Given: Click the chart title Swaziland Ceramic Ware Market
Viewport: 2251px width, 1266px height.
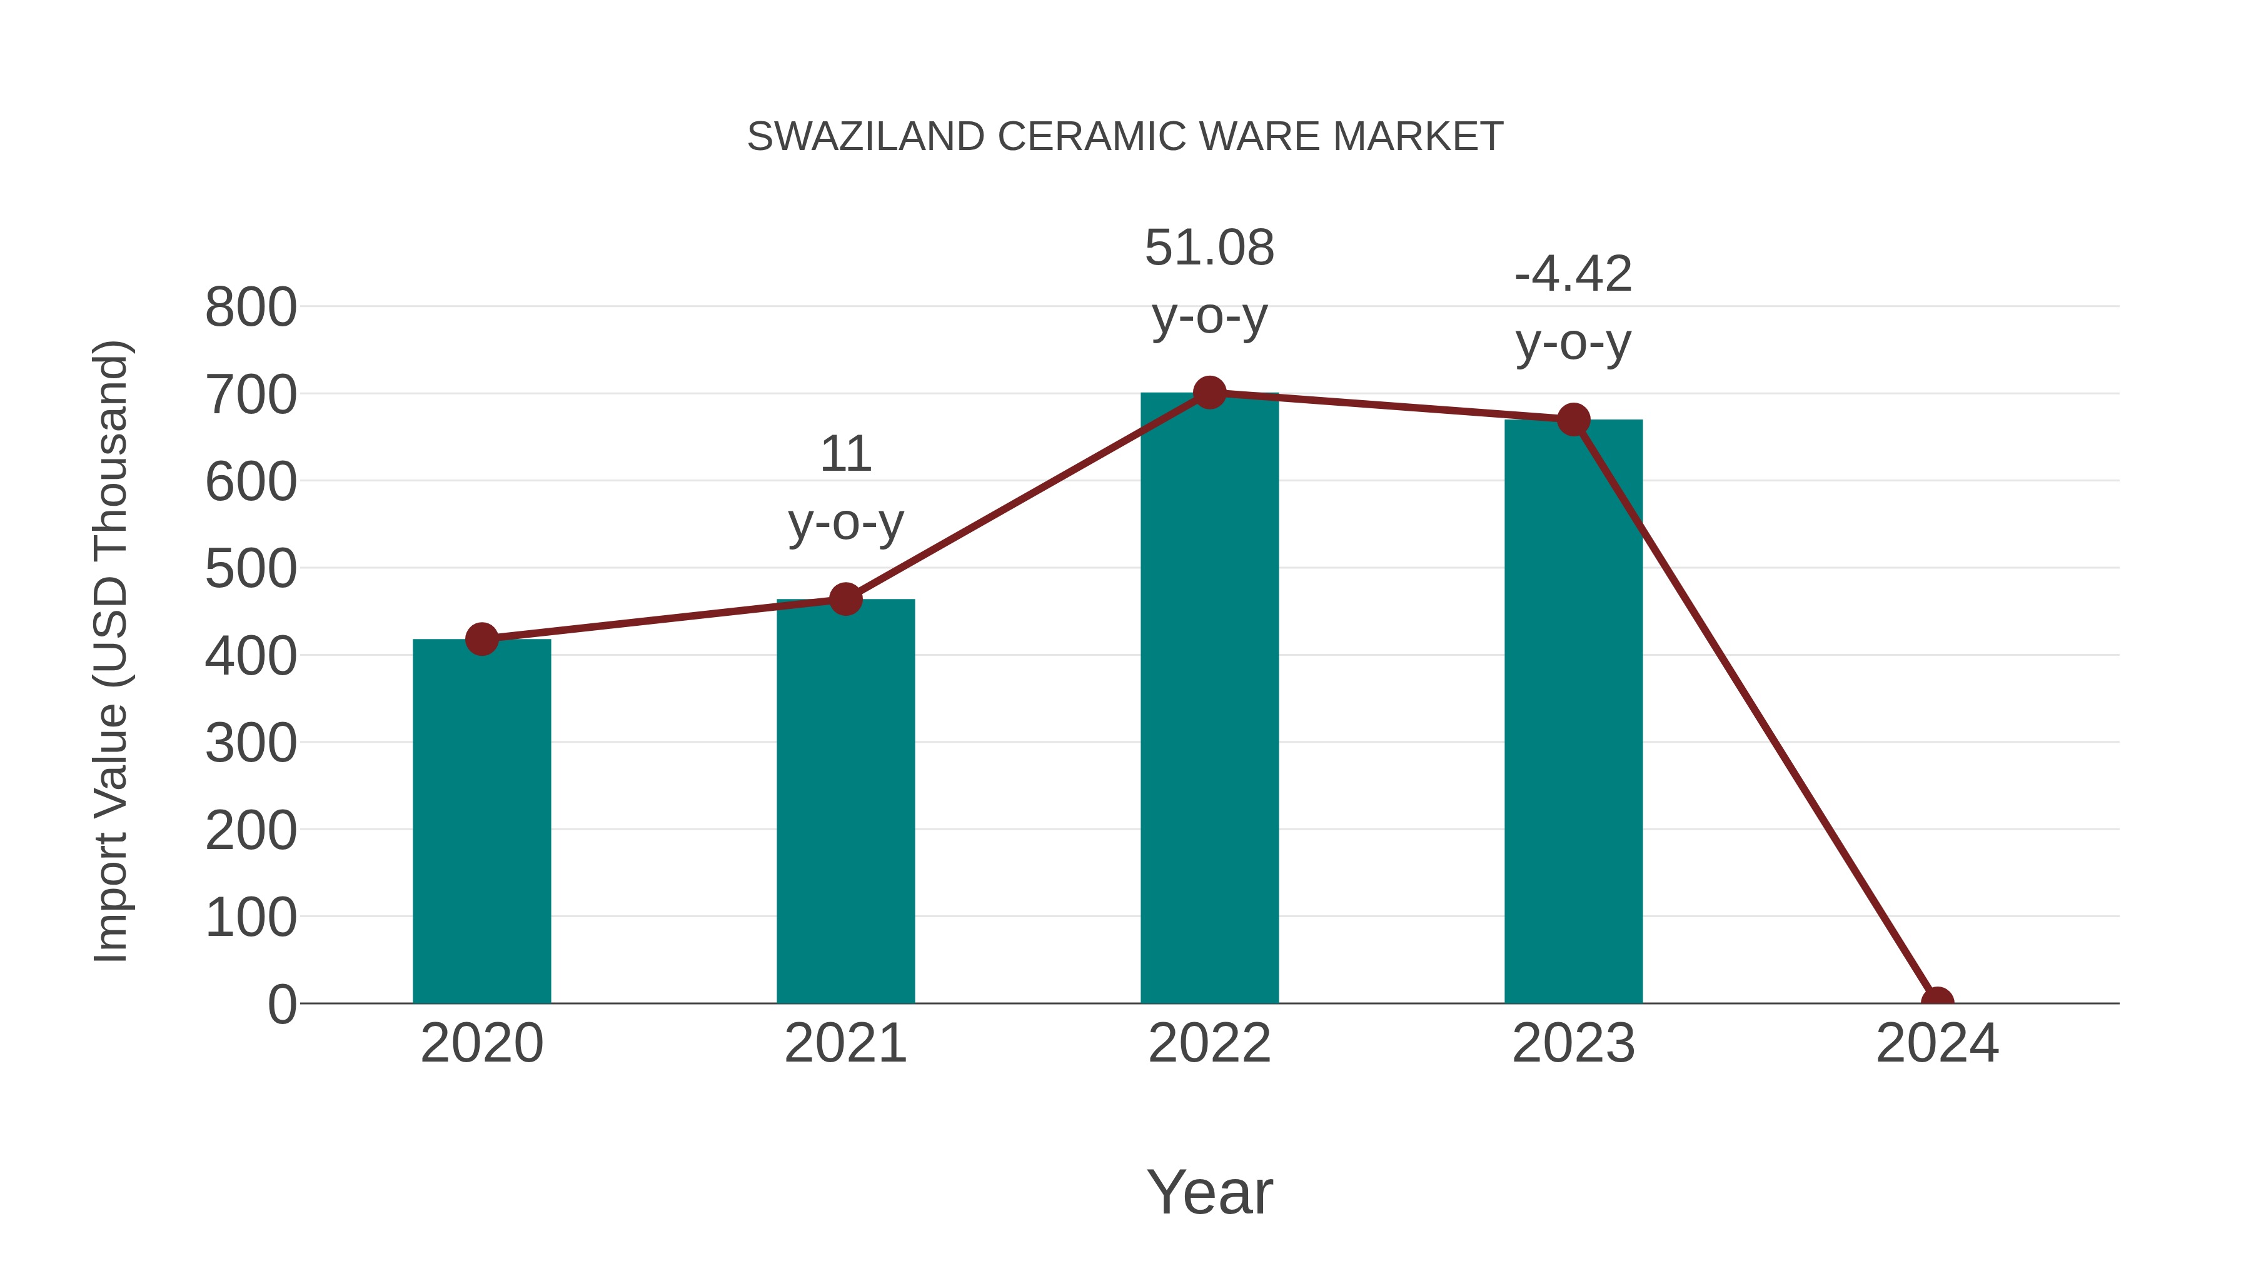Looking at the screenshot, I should pyautogui.click(x=1125, y=136).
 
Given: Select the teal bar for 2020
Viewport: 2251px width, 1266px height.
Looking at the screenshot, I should pyautogui.click(x=481, y=821).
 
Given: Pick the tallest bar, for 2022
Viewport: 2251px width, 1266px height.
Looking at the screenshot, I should pyautogui.click(x=1209, y=699).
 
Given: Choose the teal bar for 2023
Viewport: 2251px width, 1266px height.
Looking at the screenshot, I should pyautogui.click(x=1573, y=712).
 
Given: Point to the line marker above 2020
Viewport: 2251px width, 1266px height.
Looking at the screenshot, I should pyautogui.click(x=481, y=639).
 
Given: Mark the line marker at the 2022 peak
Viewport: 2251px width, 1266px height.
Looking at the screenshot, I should pyautogui.click(x=1209, y=393).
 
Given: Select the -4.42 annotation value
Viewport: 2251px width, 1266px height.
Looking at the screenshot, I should pyautogui.click(x=1573, y=274).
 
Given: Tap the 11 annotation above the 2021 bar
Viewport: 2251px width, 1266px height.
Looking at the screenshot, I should pyautogui.click(x=845, y=455).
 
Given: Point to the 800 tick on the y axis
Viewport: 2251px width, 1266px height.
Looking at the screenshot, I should pyautogui.click(x=251, y=308).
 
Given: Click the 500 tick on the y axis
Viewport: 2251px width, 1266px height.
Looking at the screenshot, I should pyautogui.click(x=251, y=569).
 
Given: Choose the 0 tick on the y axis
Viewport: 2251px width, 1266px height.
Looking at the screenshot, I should pyautogui.click(x=281, y=1004).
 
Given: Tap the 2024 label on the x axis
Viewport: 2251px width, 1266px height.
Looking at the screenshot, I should pyautogui.click(x=1936, y=1043).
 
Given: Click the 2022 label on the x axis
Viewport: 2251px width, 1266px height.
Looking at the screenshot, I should pyautogui.click(x=1209, y=1043).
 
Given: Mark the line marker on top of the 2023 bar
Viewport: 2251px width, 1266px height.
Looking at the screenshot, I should pyautogui.click(x=1573, y=419).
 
